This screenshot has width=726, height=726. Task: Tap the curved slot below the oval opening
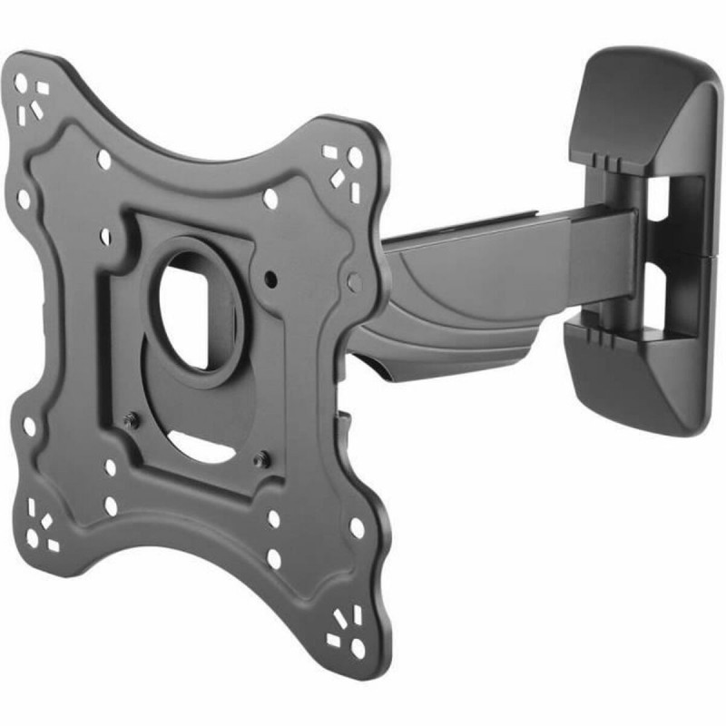pyautogui.click(x=205, y=445)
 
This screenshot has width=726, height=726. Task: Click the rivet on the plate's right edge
pyautogui.click(x=354, y=282)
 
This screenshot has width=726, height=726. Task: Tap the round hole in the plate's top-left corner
pyautogui.click(x=21, y=83)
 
